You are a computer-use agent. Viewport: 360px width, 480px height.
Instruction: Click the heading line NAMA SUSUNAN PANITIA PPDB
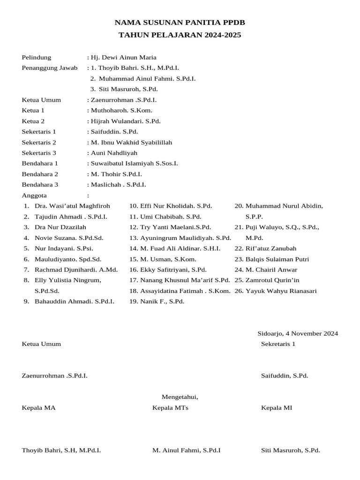[x=180, y=22]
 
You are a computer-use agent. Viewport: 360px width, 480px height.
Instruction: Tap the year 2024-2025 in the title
[x=222, y=35]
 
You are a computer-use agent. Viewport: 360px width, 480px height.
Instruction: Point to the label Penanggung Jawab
[x=50, y=68]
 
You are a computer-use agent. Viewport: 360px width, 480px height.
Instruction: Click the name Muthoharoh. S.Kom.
[x=121, y=111]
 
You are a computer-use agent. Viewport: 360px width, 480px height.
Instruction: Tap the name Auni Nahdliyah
[x=114, y=153]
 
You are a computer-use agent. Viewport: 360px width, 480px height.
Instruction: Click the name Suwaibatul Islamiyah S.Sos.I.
[x=134, y=164]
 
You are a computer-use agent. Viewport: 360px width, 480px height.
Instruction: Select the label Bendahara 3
[x=40, y=185]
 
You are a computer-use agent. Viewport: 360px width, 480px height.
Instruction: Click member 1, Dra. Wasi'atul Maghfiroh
[x=72, y=206]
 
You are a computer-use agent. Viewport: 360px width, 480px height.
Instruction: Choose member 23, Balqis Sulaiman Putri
[x=277, y=259]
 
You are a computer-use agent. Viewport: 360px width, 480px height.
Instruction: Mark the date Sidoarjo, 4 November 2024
[x=298, y=334]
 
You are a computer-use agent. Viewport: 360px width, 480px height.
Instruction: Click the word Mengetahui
[x=180, y=397]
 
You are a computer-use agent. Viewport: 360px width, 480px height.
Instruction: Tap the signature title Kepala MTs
[x=170, y=408]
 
